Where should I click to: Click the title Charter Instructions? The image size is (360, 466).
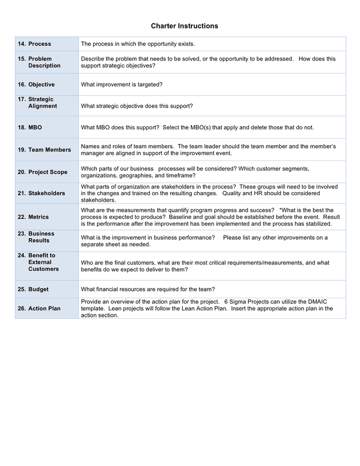[184, 26]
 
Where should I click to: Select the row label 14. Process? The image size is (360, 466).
[35, 44]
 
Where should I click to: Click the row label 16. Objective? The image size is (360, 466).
[36, 84]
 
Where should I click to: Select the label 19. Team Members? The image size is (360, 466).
[44, 150]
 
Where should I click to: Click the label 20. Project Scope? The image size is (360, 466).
[43, 172]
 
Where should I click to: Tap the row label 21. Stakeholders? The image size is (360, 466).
[41, 193]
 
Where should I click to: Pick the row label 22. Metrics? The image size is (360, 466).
[34, 217]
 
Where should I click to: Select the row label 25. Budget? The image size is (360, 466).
[33, 289]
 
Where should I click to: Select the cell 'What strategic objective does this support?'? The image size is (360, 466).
[137, 106]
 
